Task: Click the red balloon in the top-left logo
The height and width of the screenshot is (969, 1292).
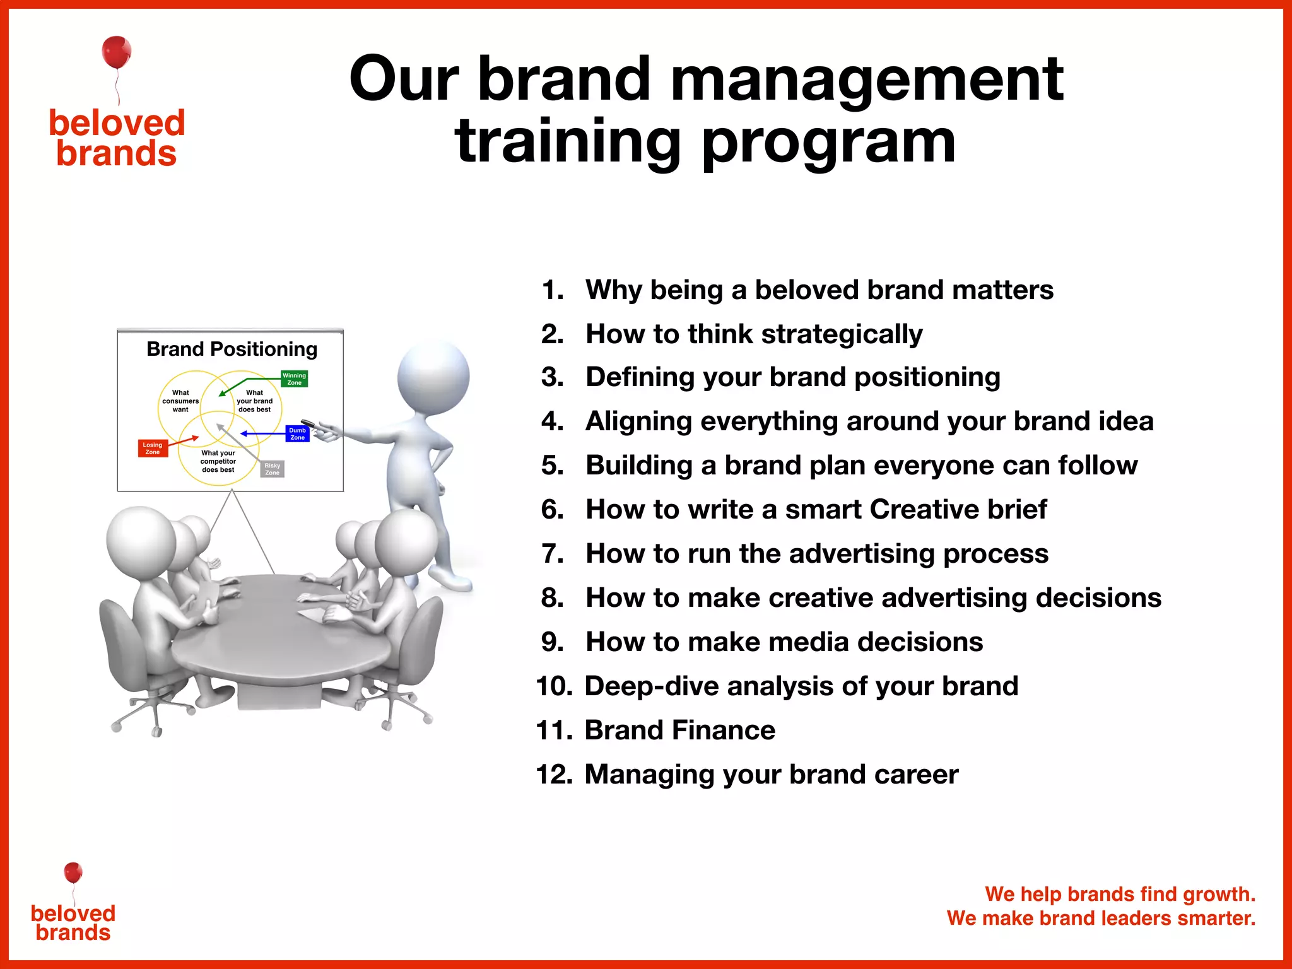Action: coord(117,52)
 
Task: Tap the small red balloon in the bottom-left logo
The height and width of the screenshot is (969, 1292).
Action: coord(73,872)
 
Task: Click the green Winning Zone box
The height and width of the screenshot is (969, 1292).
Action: coord(295,379)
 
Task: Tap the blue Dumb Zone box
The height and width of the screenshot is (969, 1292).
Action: coord(297,434)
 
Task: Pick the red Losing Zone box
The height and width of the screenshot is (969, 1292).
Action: coord(153,448)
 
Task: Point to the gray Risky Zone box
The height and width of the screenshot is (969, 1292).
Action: coord(272,469)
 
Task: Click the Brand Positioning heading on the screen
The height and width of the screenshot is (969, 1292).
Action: coord(232,349)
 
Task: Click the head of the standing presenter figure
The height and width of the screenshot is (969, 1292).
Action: coord(433,377)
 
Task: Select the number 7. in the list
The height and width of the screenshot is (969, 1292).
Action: coord(553,553)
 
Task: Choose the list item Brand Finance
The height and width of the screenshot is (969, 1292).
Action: coord(679,730)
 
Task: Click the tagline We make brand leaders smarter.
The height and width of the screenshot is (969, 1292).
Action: coord(1101,918)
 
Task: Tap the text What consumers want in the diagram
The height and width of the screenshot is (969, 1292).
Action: coord(180,401)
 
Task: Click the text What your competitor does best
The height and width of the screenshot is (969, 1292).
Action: coord(218,461)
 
